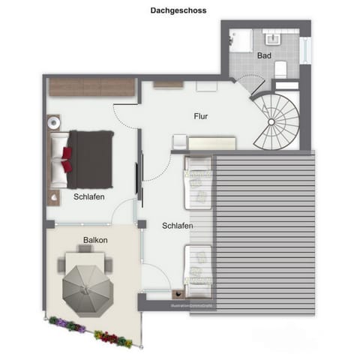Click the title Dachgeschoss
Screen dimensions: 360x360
[178, 11]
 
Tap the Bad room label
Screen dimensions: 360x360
[264, 55]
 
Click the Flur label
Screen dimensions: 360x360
[199, 116]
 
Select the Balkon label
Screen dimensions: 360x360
[95, 240]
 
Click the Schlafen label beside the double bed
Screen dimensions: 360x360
[88, 197]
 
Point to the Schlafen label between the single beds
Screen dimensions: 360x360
[178, 225]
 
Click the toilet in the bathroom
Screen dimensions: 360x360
[280, 70]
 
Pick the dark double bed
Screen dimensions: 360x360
[90, 159]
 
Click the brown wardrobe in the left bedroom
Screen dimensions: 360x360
[91, 87]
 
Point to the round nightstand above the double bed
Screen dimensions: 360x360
[53, 122]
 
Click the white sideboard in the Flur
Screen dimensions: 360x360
[212, 142]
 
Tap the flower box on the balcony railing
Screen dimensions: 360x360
[90, 330]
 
